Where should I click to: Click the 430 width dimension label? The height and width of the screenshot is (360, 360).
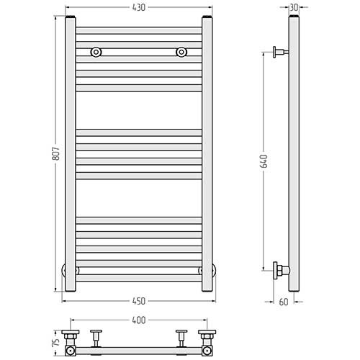point(139,8)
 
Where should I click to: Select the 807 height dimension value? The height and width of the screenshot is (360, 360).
point(55,153)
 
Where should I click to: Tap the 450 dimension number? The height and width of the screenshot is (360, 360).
point(139,301)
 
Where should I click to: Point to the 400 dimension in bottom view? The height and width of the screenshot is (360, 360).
point(139,320)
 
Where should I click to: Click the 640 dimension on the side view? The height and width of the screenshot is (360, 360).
point(264,161)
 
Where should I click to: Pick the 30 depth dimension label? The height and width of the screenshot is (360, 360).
point(294,7)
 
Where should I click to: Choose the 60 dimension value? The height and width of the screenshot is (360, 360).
point(284,302)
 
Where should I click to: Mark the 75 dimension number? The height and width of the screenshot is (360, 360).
point(55,341)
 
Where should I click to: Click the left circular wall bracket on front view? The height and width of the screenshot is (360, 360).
point(96,52)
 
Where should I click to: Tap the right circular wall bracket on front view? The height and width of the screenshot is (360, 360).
point(181,52)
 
